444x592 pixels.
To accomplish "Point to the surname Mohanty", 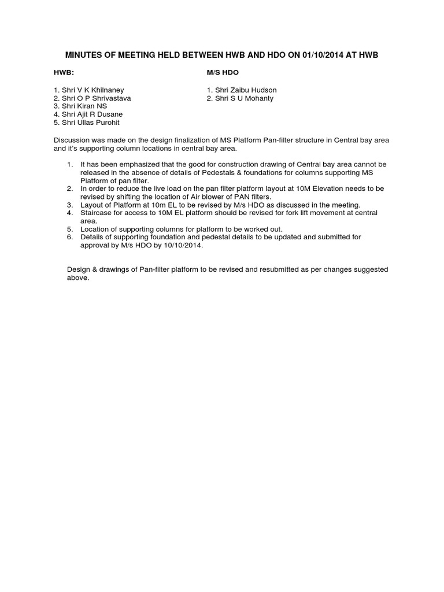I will tap(256, 98).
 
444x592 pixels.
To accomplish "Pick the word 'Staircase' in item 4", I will tap(95, 213).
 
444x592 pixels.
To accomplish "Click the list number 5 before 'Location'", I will tap(69, 229).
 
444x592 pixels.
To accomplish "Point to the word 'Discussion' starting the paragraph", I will tap(72, 140).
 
